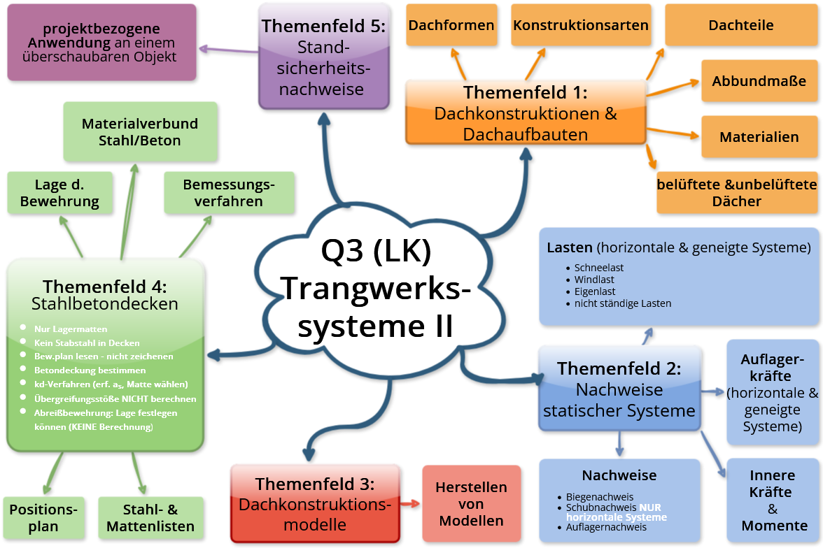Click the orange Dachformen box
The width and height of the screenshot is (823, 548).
pyautogui.click(x=451, y=25)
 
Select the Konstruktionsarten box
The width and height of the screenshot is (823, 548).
pyautogui.click(x=581, y=25)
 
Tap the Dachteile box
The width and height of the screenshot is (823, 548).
pyautogui.click(x=741, y=25)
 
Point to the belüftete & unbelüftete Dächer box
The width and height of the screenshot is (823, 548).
pyautogui.click(x=737, y=192)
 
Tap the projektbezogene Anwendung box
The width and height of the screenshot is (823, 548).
pyautogui.click(x=101, y=42)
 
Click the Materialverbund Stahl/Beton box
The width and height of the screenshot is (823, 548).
pyautogui.click(x=140, y=131)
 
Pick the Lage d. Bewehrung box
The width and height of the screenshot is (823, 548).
pyautogui.click(x=59, y=193)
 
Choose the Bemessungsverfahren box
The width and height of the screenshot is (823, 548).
pyautogui.click(x=229, y=193)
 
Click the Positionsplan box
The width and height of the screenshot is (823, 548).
pyautogui.click(x=43, y=518)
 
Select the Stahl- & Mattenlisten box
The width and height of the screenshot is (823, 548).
pyautogui.click(x=150, y=518)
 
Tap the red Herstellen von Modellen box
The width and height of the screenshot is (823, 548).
pyautogui.click(x=471, y=503)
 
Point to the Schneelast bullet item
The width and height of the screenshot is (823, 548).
pyautogui.click(x=599, y=268)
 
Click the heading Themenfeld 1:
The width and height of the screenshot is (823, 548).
pyautogui.click(x=526, y=92)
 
